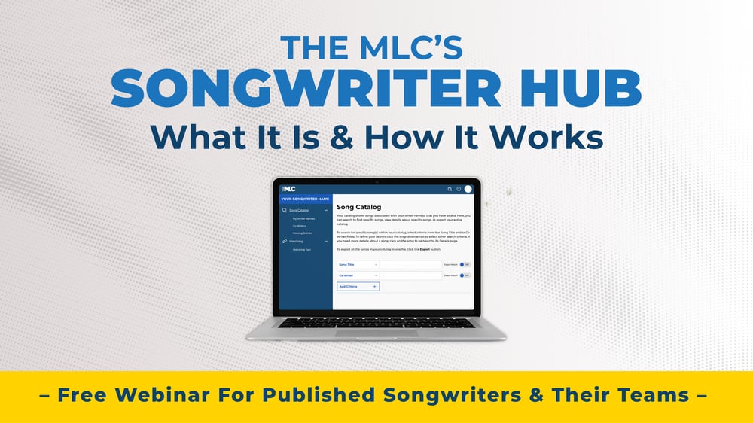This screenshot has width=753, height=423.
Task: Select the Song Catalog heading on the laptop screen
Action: pyautogui.click(x=358, y=207)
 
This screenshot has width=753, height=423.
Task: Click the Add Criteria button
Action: pyautogui.click(x=358, y=287)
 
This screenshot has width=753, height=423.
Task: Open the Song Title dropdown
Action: pyautogui.click(x=358, y=265)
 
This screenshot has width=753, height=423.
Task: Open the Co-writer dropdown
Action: pyautogui.click(x=358, y=275)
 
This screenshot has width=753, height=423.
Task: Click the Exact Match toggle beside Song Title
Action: pyautogui.click(x=465, y=265)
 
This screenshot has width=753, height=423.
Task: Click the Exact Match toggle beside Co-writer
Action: pyautogui.click(x=465, y=275)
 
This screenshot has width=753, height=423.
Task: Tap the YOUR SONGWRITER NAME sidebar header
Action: pyautogui.click(x=305, y=199)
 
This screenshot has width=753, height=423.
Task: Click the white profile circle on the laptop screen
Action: pyautogui.click(x=468, y=189)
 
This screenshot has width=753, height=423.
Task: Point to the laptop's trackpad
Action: pyautogui.click(x=376, y=333)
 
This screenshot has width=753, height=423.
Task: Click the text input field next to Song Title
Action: pyautogui.click(x=410, y=265)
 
